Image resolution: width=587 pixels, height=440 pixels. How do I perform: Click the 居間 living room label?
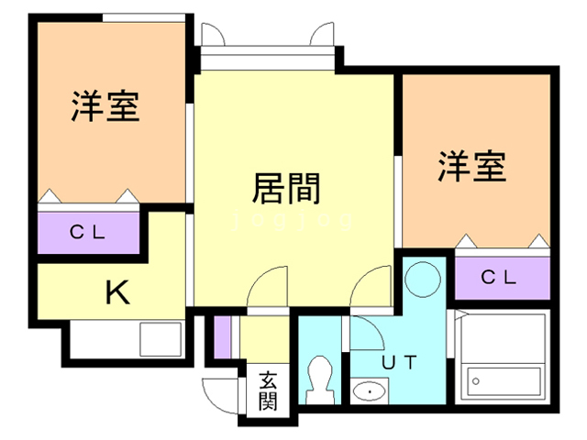(x=286, y=188)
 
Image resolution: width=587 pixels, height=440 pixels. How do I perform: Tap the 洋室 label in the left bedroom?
(x=105, y=106)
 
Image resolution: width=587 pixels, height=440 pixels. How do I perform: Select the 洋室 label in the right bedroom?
(x=471, y=166)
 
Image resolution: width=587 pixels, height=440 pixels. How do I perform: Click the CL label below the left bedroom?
(x=88, y=231)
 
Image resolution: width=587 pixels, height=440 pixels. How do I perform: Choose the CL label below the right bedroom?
(x=499, y=275)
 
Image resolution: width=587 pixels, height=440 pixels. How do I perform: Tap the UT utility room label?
(x=399, y=362)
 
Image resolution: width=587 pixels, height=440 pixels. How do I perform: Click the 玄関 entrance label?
(x=268, y=390)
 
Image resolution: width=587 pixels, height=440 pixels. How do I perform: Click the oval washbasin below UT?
(x=370, y=393)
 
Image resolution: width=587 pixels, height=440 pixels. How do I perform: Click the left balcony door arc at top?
(x=213, y=35)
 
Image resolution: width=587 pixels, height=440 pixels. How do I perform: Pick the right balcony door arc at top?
(x=323, y=35)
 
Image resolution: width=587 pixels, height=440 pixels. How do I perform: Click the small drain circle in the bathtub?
(x=477, y=379)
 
